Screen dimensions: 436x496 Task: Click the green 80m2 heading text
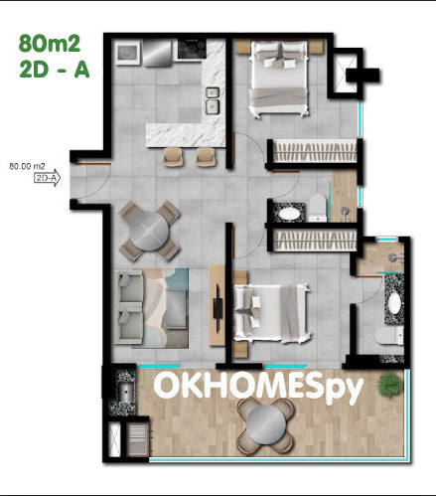pyautogui.click(x=50, y=44)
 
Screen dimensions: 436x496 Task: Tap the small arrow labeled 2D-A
pyautogui.click(x=48, y=178)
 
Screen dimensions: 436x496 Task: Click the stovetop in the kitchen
pyautogui.click(x=192, y=49)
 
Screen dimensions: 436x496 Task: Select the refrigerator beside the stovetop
pyautogui.click(x=158, y=53)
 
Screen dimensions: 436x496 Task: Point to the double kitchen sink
pyautogui.click(x=213, y=101)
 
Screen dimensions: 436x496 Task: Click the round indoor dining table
pyautogui.click(x=149, y=231)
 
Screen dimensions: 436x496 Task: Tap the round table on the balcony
pyautogui.click(x=266, y=425)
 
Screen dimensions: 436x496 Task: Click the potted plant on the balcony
pyautogui.click(x=390, y=384)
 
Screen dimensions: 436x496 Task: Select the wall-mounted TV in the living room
pyautogui.click(x=218, y=308)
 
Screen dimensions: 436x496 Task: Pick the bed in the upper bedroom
pyautogui.click(x=278, y=79)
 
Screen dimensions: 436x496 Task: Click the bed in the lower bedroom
pyautogui.click(x=271, y=313)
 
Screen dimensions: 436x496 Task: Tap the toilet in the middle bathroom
pyautogui.click(x=318, y=208)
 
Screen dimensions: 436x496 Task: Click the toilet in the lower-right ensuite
pyautogui.click(x=389, y=335)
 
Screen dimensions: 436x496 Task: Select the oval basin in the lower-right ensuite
pyautogui.click(x=394, y=303)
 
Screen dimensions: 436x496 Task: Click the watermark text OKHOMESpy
pyautogui.click(x=258, y=386)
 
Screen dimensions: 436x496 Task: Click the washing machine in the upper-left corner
pyautogui.click(x=127, y=53)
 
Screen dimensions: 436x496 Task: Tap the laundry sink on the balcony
pyautogui.click(x=125, y=392)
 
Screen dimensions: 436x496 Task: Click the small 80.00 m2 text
pyautogui.click(x=27, y=166)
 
